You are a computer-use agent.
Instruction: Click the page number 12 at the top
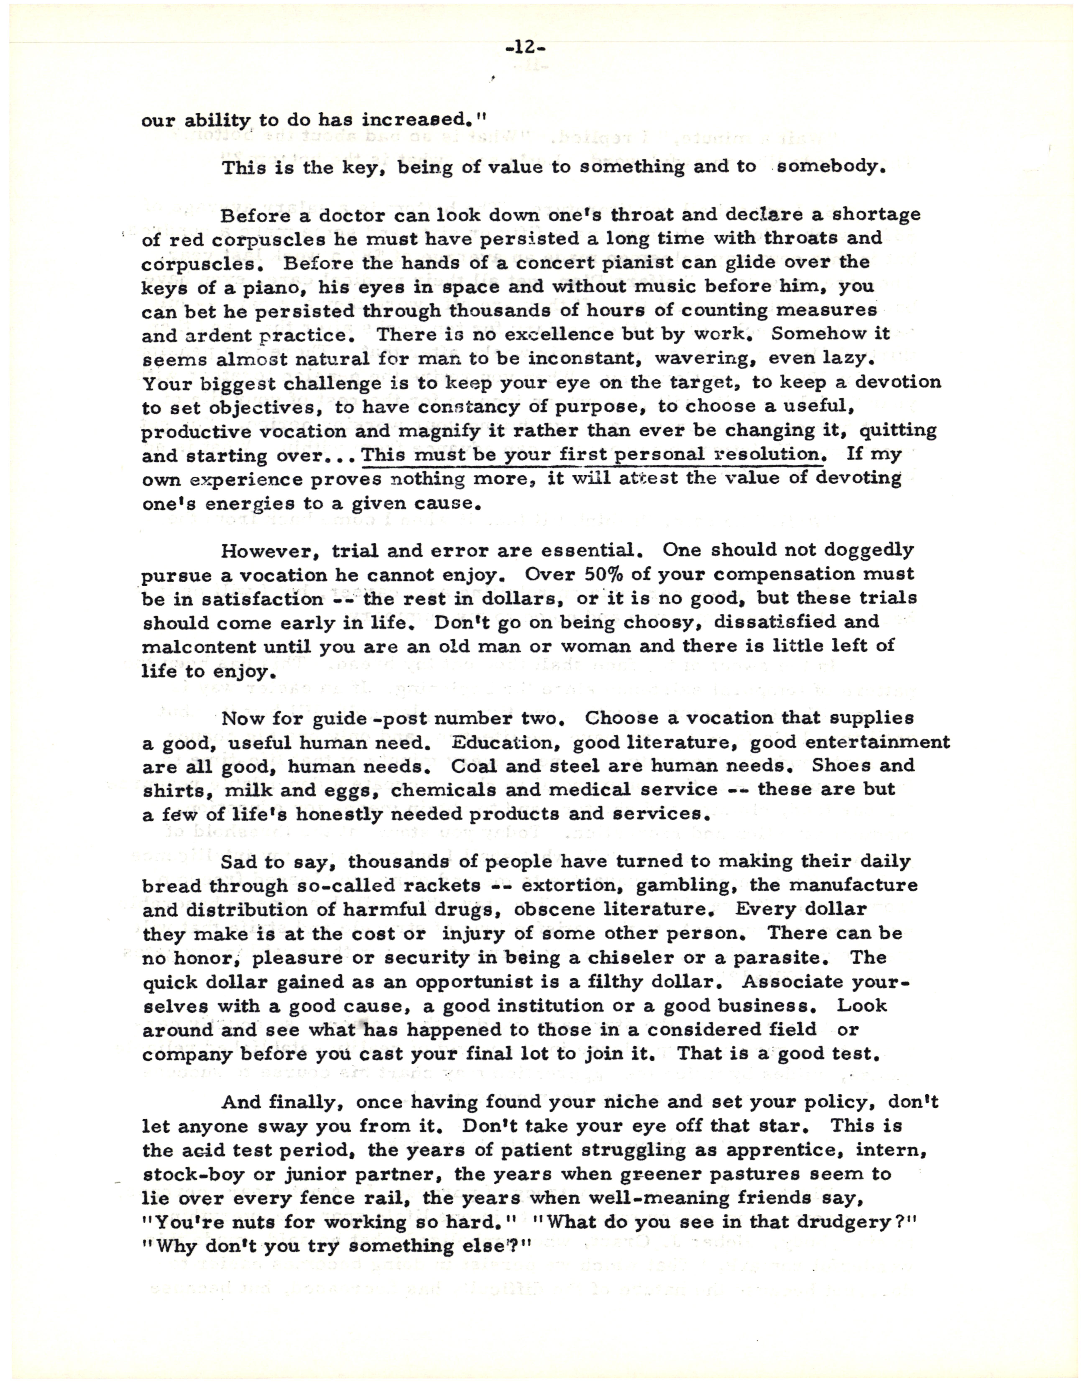point(526,48)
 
